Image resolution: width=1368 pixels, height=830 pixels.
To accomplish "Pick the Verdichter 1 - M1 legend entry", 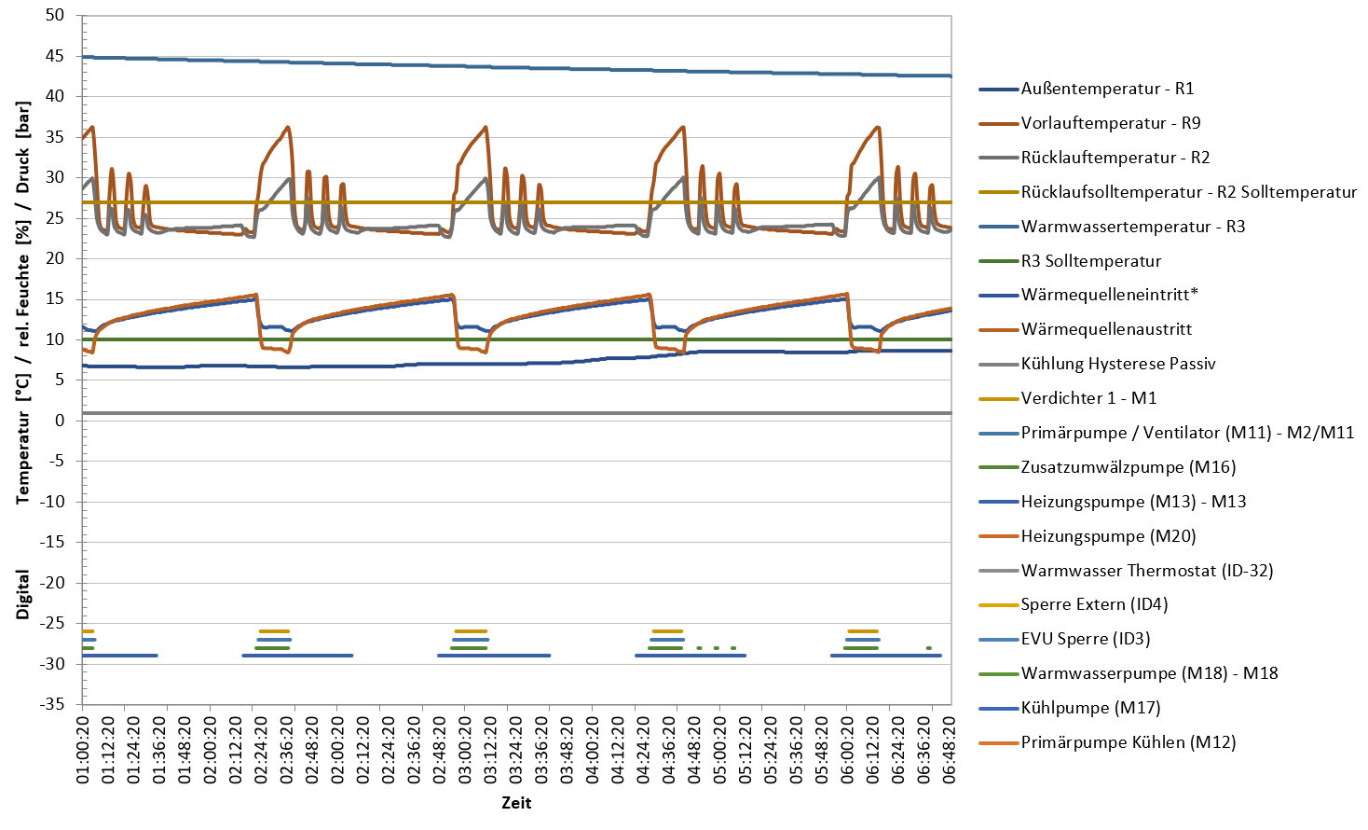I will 1088,398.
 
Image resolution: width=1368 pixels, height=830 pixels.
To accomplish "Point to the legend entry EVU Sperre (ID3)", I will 1086,639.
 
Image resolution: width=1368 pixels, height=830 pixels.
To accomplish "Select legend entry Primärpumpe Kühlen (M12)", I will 1128,742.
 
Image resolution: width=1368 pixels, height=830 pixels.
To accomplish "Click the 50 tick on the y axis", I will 54,15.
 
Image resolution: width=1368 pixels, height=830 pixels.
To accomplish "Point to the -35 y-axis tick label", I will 51,704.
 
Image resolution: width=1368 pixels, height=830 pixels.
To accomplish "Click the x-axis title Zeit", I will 516,803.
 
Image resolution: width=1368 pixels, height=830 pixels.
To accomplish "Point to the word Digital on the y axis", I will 23,595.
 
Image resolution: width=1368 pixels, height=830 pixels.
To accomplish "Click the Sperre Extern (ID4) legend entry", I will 1094,604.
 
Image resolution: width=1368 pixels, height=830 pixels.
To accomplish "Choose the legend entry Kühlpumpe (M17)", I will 1090,708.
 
